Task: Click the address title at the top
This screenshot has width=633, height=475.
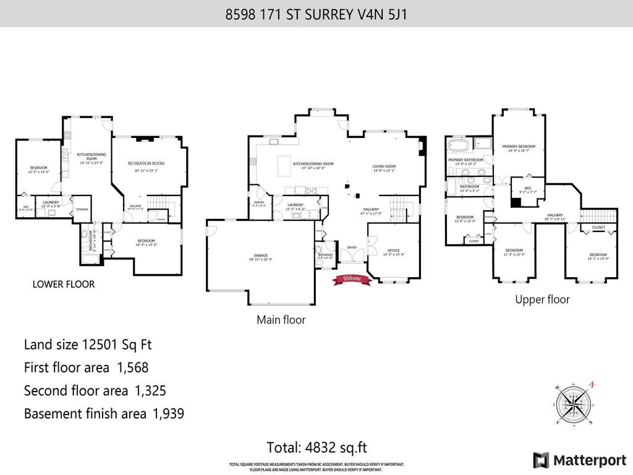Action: click(316, 14)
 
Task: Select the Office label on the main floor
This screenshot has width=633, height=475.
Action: click(393, 251)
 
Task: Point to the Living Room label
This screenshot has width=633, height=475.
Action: click(384, 166)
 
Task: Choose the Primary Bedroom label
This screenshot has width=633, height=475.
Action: click(518, 147)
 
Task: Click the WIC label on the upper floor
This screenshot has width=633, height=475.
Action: click(528, 189)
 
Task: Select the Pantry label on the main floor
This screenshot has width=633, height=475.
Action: click(260, 203)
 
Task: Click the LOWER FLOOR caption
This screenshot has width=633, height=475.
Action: click(63, 285)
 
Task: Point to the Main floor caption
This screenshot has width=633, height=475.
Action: click(281, 320)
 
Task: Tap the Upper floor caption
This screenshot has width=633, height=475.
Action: click(542, 299)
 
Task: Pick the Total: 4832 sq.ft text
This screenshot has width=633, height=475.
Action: click(315, 447)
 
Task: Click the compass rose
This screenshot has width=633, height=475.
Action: click(574, 404)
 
